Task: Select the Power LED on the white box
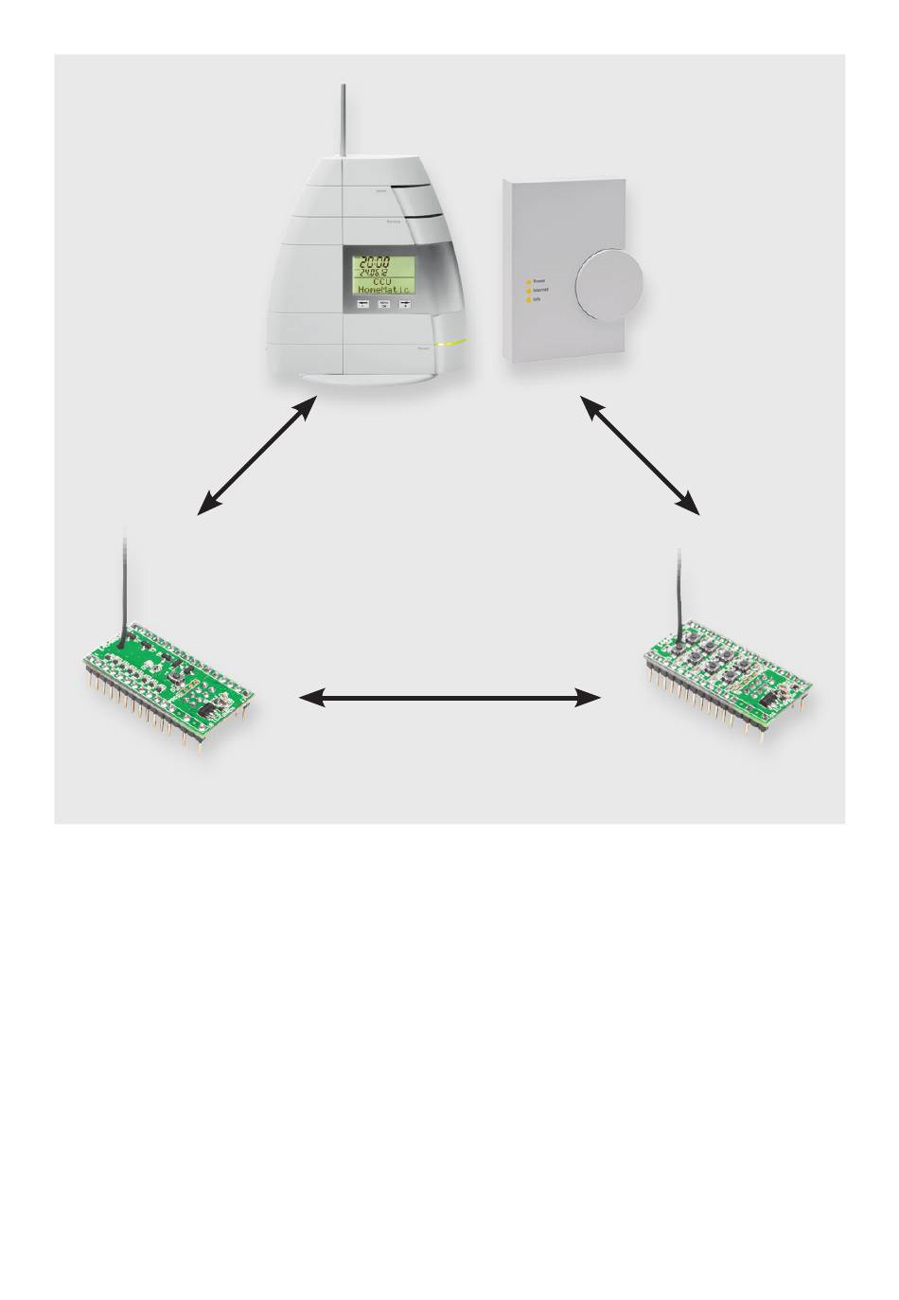[x=528, y=281]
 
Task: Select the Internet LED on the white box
[x=528, y=290]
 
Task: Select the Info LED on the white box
[x=528, y=298]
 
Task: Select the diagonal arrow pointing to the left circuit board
[x=256, y=456]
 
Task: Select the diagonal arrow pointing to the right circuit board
[x=640, y=456]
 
